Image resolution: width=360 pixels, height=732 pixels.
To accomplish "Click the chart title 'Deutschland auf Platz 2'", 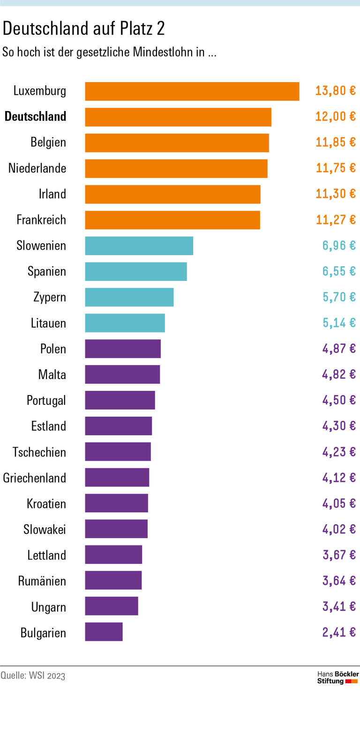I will pyautogui.click(x=83, y=29).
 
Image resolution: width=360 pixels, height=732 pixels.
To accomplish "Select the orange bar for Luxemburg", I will pyautogui.click(x=192, y=91).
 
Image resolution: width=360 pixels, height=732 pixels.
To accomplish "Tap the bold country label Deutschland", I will pyautogui.click(x=35, y=117).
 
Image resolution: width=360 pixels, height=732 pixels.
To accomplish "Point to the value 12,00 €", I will pyautogui.click(x=335, y=117).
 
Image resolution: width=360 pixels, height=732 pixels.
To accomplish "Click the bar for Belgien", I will pyautogui.click(x=177, y=143).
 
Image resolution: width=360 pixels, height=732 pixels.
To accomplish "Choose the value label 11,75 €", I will pyautogui.click(x=335, y=168).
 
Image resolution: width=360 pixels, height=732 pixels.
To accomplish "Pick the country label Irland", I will pyautogui.click(x=52, y=194).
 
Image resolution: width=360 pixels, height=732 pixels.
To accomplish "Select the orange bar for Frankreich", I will pyautogui.click(x=172, y=220).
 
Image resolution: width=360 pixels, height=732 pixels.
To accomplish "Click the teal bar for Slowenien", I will pyautogui.click(x=139, y=246).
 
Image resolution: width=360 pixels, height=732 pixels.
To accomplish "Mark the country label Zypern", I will pyautogui.click(x=49, y=297).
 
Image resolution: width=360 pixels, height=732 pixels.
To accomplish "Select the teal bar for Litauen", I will pyautogui.click(x=125, y=323).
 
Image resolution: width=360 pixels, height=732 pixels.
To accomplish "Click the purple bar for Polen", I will pyautogui.click(x=122, y=349).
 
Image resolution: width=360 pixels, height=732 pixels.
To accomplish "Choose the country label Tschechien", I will pyautogui.click(x=39, y=452).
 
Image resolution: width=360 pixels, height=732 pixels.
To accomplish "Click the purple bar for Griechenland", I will pyautogui.click(x=117, y=478).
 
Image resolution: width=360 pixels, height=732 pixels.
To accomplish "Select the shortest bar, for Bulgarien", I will pyautogui.click(x=104, y=632).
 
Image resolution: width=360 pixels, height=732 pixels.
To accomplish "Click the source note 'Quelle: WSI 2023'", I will pyautogui.click(x=33, y=676).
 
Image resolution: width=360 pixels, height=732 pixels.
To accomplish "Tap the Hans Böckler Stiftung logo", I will pyautogui.click(x=337, y=678).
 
